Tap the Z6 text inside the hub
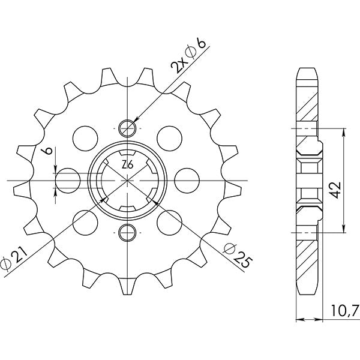tap(127, 165)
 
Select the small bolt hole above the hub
tap(127, 127)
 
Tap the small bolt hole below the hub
tap(127, 232)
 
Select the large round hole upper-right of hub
tap(169, 136)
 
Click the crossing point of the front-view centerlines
tap(127, 179)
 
